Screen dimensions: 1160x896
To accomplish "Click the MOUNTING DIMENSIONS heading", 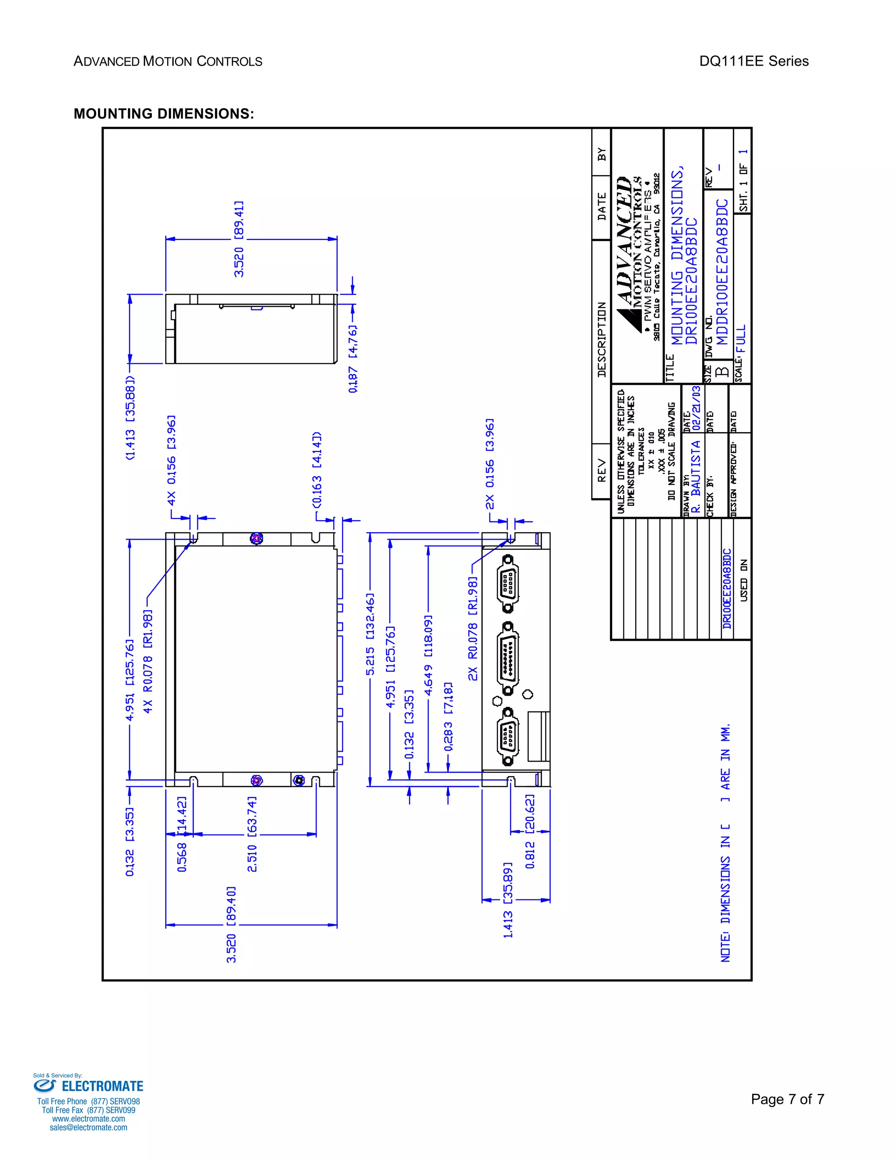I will tap(164, 114).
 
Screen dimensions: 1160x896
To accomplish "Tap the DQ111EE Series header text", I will tap(753, 62).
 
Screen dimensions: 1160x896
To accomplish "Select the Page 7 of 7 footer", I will tap(787, 1099).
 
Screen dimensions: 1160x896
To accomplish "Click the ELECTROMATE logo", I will tap(89, 1086).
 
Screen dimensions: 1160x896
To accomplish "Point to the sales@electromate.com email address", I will tap(89, 1127).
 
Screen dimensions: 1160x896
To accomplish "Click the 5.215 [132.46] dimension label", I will tap(370, 634).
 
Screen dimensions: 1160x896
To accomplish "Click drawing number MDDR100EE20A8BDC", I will tap(722, 272).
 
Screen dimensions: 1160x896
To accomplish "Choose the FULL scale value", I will tap(742, 339).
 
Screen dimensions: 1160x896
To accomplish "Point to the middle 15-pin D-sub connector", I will tap(508, 658).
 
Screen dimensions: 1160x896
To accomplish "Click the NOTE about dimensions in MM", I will tap(725, 842).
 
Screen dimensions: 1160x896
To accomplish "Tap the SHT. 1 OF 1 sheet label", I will tap(744, 181).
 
